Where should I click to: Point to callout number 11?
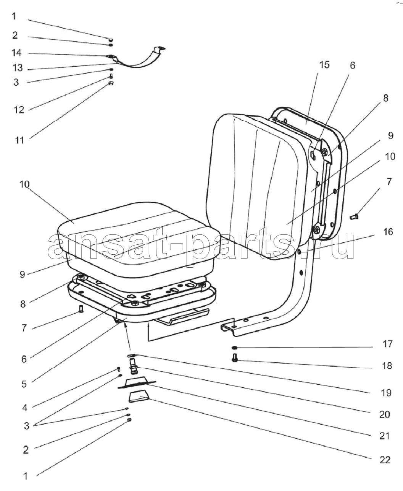pos(19,140)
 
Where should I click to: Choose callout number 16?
pos(388,232)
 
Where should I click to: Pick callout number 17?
pos(387,344)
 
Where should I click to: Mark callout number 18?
pos(387,366)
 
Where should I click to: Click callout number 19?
pos(386,392)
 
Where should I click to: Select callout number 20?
pos(385,414)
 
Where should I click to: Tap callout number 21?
pos(385,436)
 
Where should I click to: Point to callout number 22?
pos(385,459)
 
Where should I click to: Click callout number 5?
pos(24,384)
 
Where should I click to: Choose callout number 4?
pos(25,408)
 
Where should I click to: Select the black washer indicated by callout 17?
pos(235,348)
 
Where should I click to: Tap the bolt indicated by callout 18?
pos(235,359)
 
